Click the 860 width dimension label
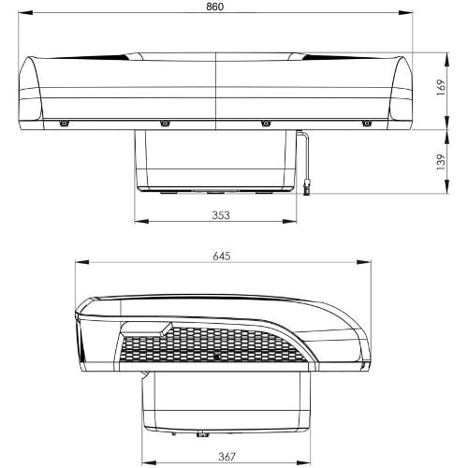pos(216,7)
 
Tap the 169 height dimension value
pos(439,89)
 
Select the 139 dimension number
pos(439,160)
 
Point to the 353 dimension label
pos(221,213)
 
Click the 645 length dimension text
pos(222,256)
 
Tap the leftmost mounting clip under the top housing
pos(64,124)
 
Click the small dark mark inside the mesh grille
pos(216,358)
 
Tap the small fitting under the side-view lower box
pos(200,434)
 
